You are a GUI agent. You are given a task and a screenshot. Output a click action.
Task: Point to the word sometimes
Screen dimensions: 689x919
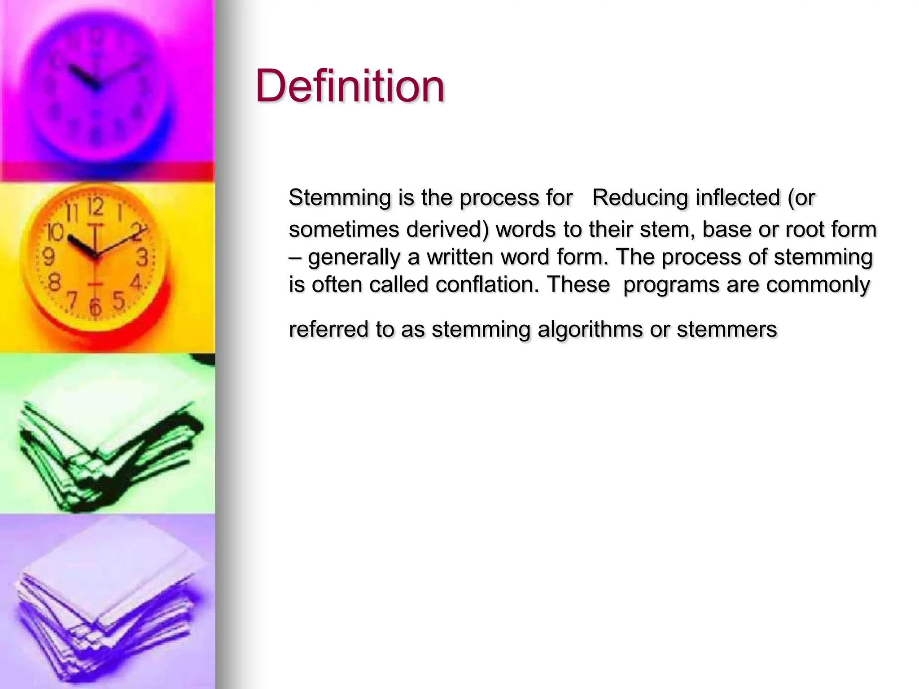click(344, 230)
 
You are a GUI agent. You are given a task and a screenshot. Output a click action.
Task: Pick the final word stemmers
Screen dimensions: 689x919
click(726, 330)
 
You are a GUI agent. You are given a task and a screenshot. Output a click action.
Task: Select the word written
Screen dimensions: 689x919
click(460, 257)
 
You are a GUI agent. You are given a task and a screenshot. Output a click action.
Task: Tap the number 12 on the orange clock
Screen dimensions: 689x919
click(95, 208)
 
